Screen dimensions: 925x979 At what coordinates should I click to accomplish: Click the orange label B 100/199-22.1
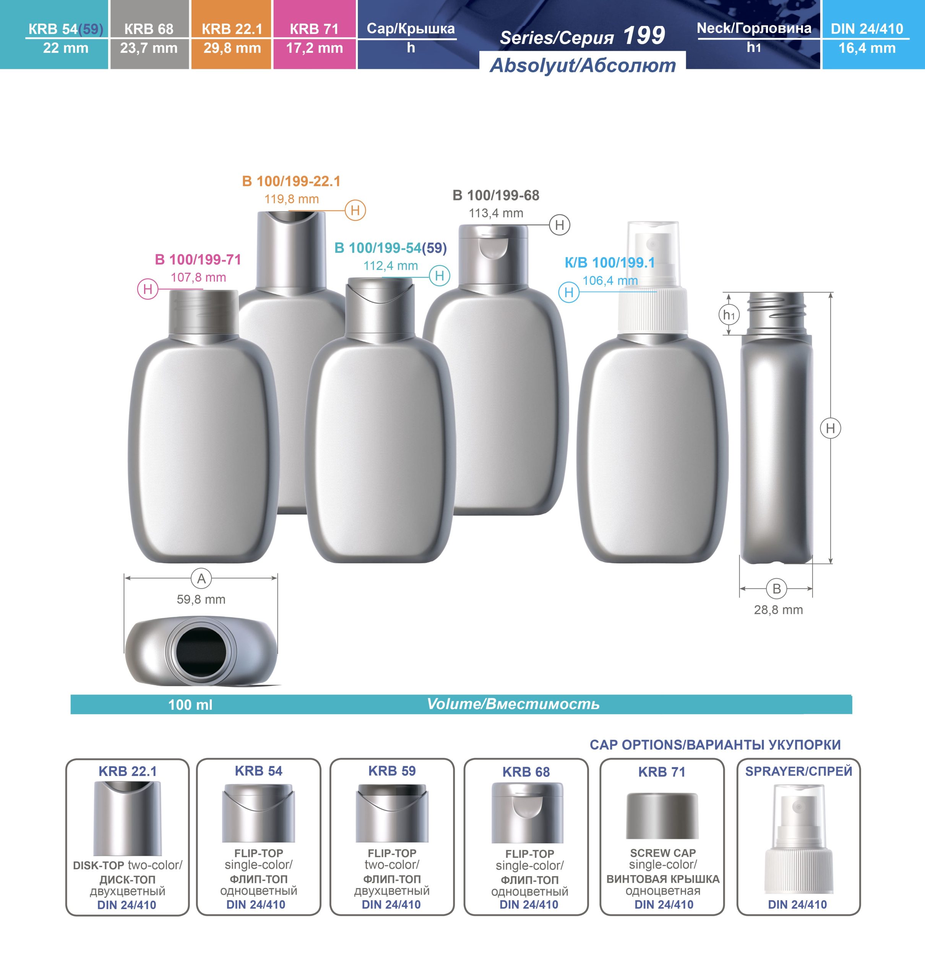(291, 182)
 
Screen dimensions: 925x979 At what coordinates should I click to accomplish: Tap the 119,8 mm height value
(291, 199)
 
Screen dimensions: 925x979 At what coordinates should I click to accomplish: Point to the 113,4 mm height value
(496, 213)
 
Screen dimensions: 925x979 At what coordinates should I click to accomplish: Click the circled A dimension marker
(201, 579)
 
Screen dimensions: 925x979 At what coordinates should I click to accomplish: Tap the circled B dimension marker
(777, 589)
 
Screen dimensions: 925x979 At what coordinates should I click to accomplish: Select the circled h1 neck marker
(729, 314)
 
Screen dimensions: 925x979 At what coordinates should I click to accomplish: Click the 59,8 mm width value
(201, 599)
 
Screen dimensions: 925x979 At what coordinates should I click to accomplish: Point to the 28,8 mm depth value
(778, 610)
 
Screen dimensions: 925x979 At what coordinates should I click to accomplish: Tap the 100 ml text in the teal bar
(190, 704)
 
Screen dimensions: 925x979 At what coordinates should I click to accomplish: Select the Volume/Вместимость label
(513, 704)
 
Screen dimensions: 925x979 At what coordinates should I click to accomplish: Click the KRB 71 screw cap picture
(662, 816)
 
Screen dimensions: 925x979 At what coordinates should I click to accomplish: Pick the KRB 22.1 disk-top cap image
(127, 818)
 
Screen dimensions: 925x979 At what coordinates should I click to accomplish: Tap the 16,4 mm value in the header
(867, 48)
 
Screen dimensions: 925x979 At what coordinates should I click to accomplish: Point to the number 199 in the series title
(644, 36)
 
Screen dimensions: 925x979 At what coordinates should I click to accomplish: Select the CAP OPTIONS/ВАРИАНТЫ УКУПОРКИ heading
(715, 745)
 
